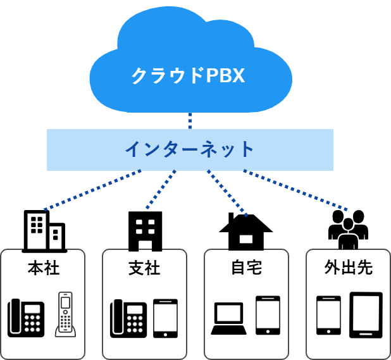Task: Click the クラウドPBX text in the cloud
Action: pos(188,76)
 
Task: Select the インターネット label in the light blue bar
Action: pos(189,150)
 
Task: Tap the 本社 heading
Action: pos(44,268)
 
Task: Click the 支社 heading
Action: pos(144,268)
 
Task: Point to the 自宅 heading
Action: pos(246,268)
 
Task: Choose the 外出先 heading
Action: pos(348,268)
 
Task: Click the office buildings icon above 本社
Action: pos(44,231)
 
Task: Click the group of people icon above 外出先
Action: pos(348,230)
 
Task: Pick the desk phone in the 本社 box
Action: pos(26,318)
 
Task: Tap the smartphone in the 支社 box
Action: pos(165,318)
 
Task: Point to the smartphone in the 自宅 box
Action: pos(268,315)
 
